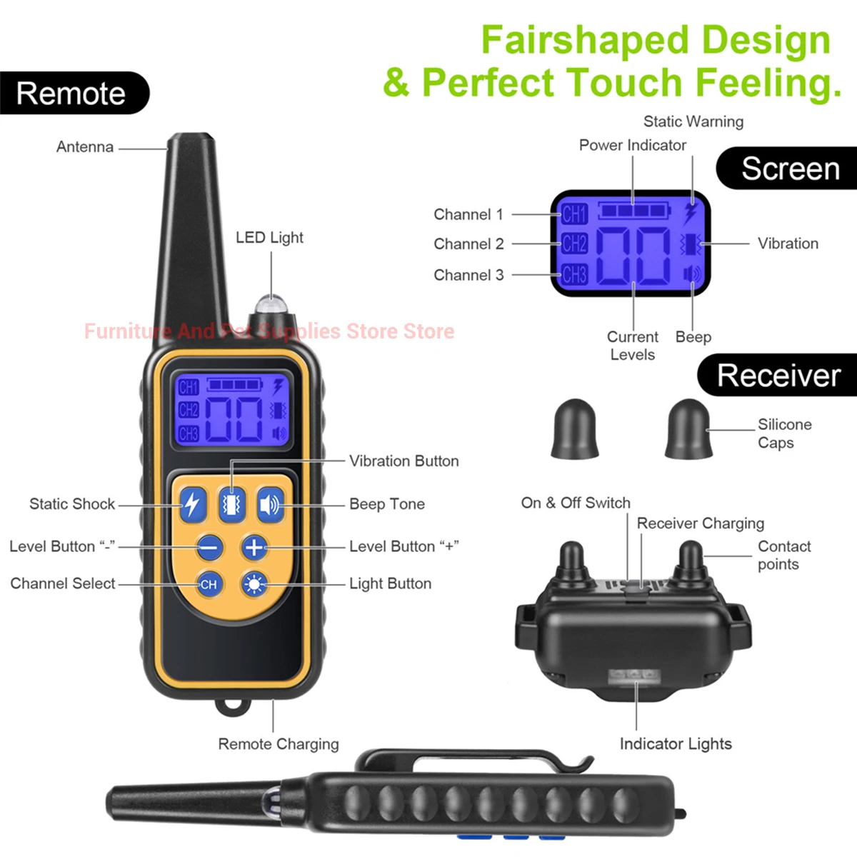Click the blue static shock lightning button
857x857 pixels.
point(192,505)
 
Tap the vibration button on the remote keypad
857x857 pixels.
point(231,505)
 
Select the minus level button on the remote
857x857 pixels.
point(209,548)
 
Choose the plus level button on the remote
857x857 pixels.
point(254,548)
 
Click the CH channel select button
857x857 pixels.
point(209,584)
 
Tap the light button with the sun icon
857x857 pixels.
point(254,584)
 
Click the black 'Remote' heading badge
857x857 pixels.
point(71,94)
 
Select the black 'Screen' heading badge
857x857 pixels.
point(789,169)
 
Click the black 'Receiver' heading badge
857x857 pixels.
point(778,376)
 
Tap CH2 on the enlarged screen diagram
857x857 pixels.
point(574,244)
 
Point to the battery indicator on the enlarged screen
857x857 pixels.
point(633,211)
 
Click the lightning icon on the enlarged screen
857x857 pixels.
point(691,214)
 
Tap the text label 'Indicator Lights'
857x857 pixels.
point(676,744)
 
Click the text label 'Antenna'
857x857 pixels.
point(85,147)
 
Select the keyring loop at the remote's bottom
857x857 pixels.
point(233,706)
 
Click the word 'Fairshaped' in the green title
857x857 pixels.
point(584,40)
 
